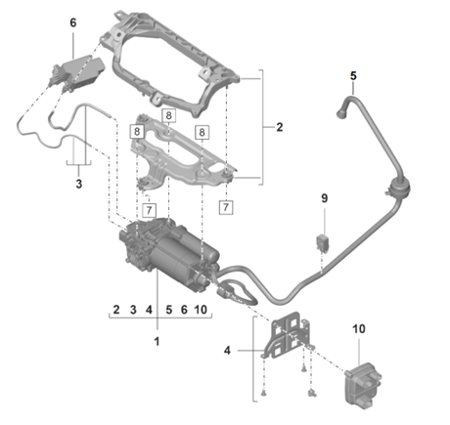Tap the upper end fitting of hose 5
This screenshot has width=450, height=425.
click(x=342, y=109)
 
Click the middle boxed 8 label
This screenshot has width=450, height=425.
click(x=168, y=115)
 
